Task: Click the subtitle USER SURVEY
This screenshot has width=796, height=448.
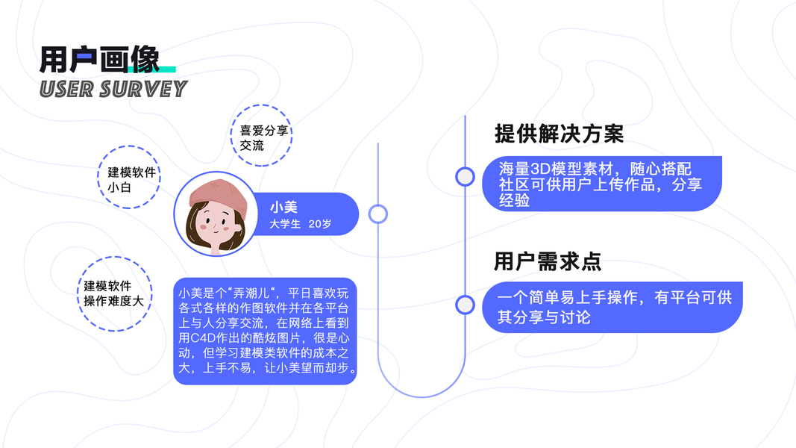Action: pyautogui.click(x=113, y=90)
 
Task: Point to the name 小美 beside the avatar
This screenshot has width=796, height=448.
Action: pyautogui.click(x=283, y=207)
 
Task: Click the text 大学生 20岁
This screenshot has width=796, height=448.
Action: pyautogui.click(x=300, y=223)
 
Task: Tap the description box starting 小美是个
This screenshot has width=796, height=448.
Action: pyautogui.click(x=265, y=331)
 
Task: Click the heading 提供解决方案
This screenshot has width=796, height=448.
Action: pyautogui.click(x=559, y=134)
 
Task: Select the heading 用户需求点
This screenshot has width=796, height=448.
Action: pyautogui.click(x=548, y=261)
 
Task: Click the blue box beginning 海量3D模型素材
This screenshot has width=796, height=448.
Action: pyautogui.click(x=601, y=184)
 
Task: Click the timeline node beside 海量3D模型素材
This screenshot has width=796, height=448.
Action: pyautogui.click(x=465, y=176)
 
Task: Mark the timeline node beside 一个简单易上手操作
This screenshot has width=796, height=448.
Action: pyautogui.click(x=465, y=305)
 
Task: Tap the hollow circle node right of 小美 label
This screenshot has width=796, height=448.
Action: pyautogui.click(x=378, y=214)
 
